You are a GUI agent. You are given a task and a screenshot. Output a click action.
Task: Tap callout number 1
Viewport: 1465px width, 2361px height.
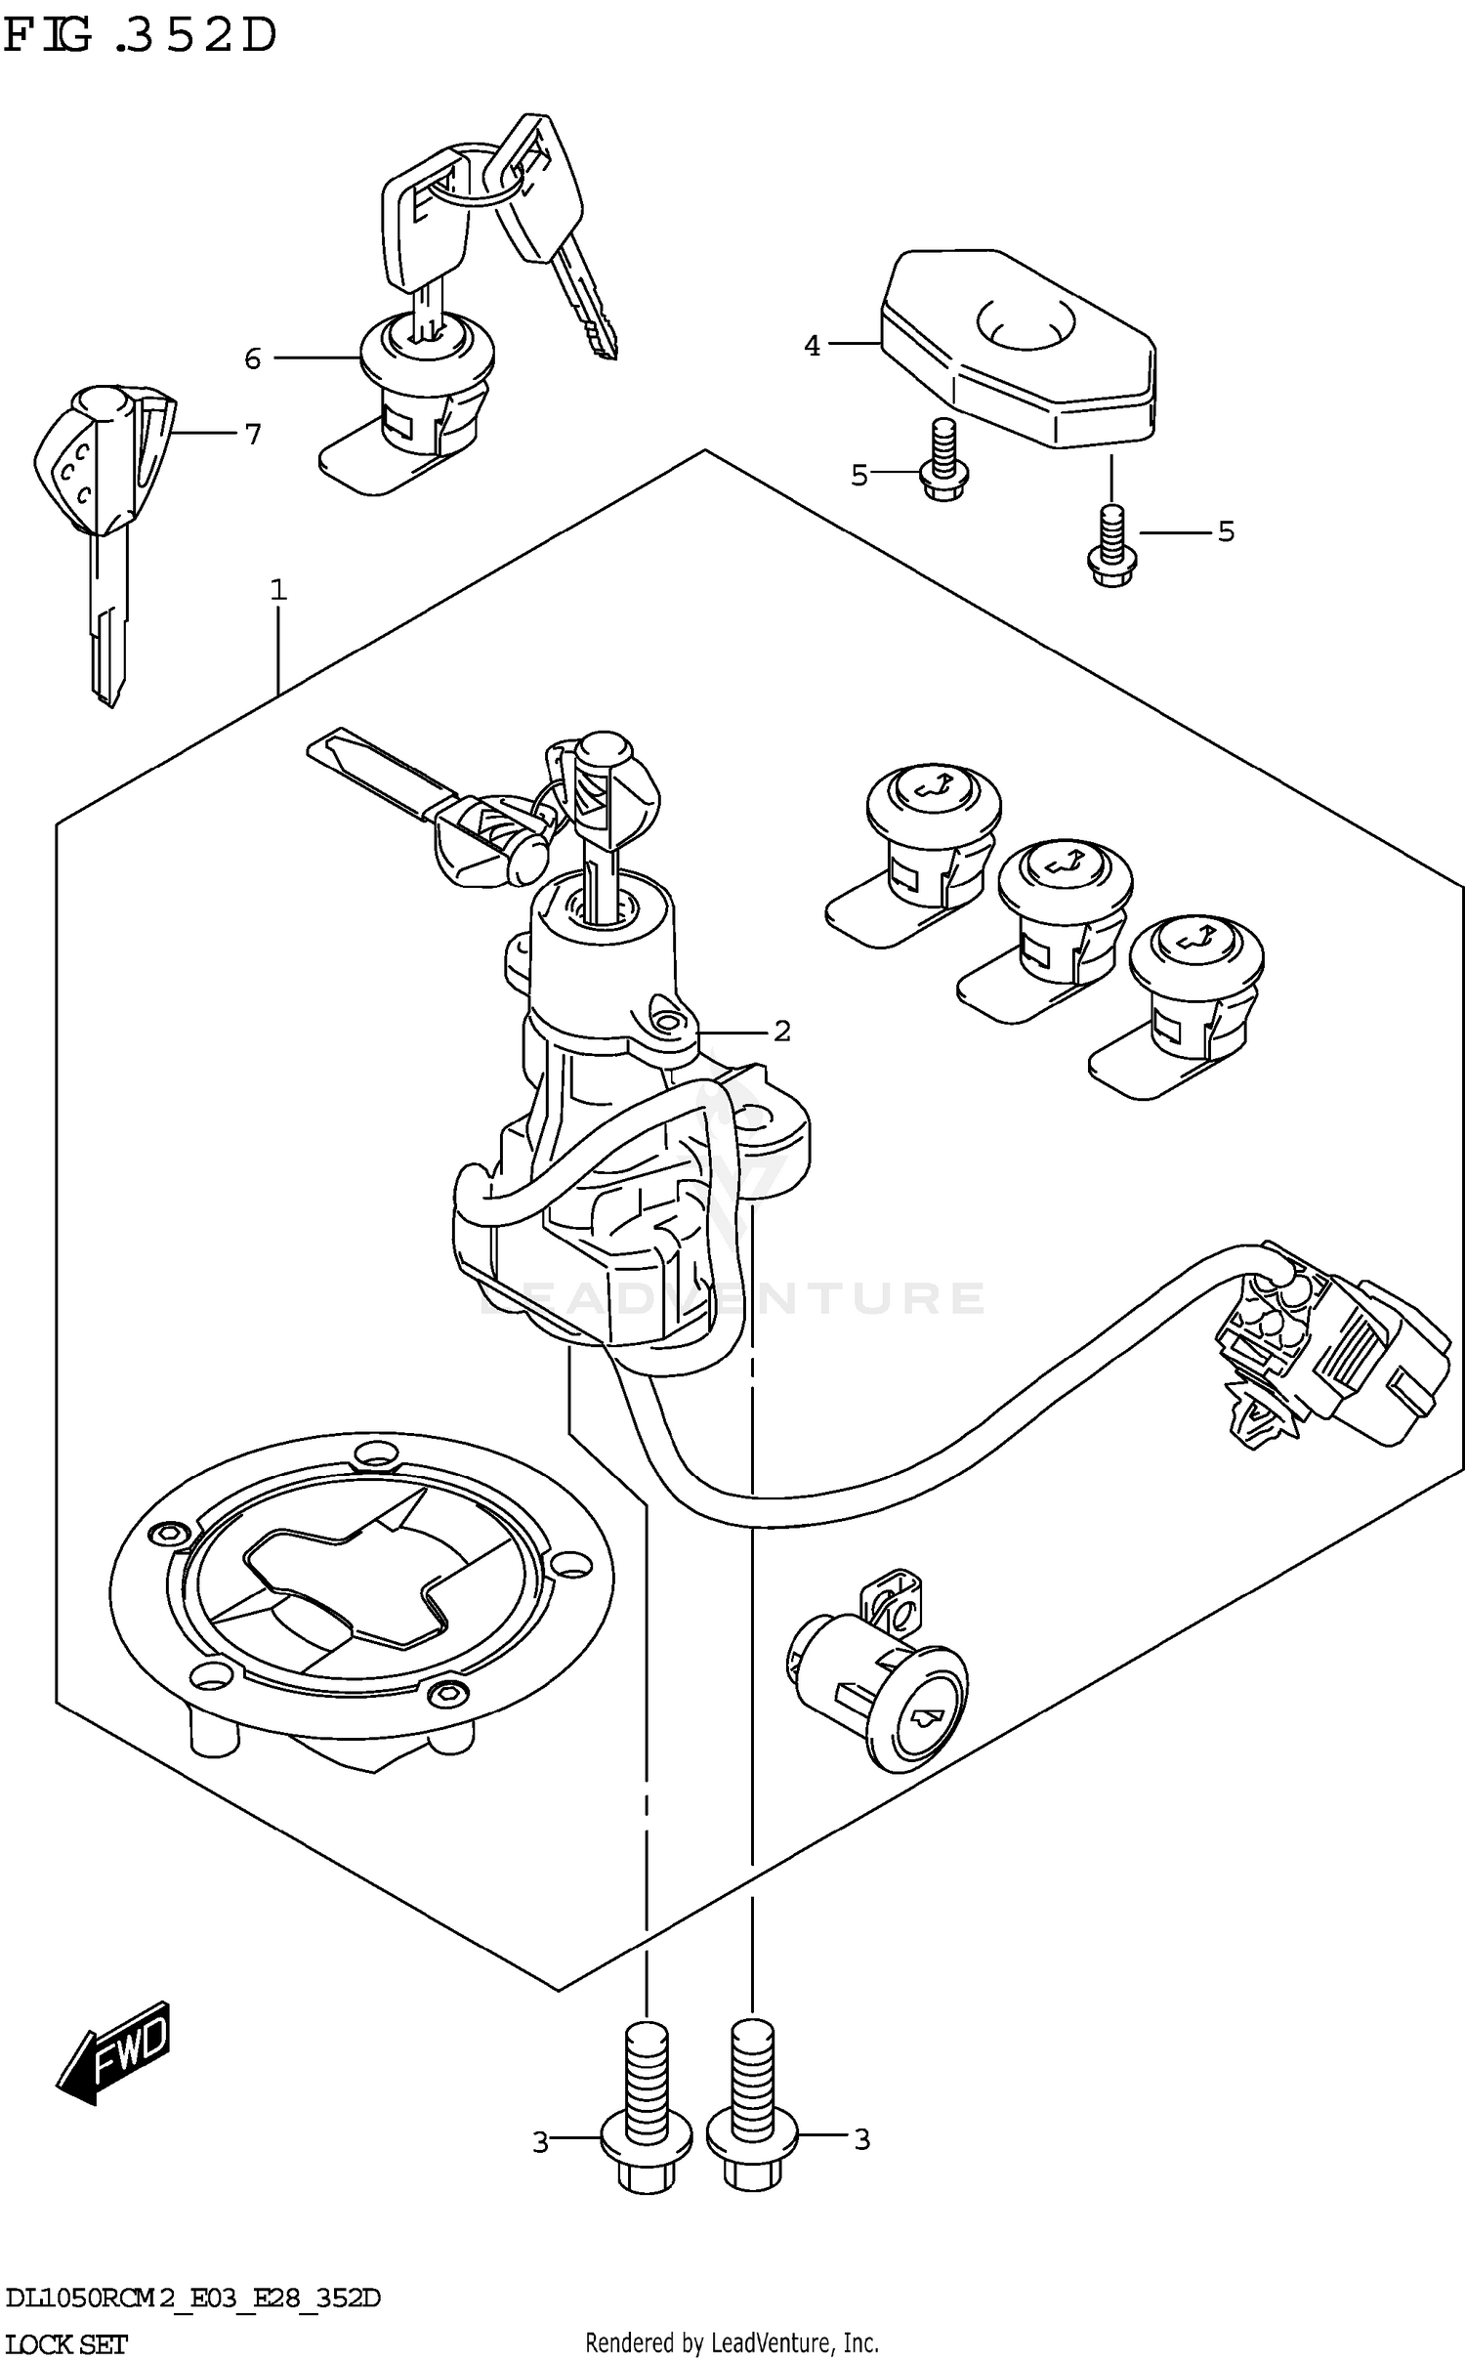click(278, 589)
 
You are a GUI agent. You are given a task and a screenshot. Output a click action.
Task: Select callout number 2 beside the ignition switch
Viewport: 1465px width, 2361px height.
click(781, 1031)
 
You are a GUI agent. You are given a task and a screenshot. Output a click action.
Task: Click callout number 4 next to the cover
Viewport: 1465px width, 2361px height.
click(813, 345)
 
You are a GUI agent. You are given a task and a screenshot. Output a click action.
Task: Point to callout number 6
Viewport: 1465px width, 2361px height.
click(253, 359)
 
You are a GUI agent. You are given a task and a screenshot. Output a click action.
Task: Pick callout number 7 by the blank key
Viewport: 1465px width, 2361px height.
click(253, 433)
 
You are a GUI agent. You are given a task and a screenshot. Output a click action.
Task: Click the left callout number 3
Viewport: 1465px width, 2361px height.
click(540, 2141)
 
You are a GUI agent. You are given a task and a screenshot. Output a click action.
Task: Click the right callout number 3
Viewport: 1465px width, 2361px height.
click(861, 2139)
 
